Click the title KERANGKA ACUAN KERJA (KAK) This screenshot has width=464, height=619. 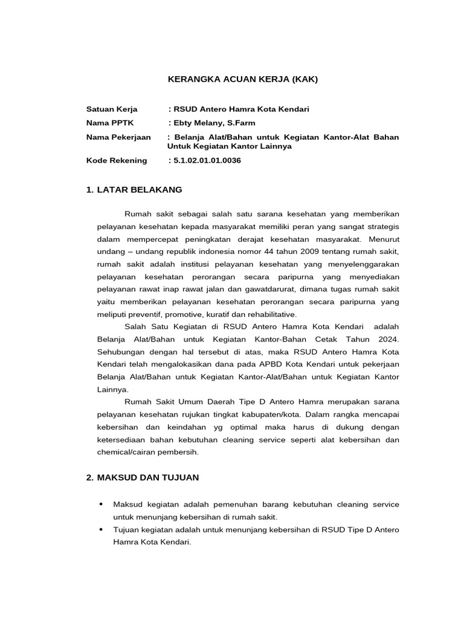click(x=242, y=79)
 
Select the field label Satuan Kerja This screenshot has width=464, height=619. click(x=112, y=109)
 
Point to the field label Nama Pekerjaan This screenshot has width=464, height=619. click(x=118, y=137)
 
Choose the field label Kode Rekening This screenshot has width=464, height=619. click(x=117, y=160)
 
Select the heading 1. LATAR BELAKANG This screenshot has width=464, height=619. click(x=134, y=190)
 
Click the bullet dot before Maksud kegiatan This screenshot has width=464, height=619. click(x=100, y=504)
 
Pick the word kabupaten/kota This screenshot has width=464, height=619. click(x=271, y=414)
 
